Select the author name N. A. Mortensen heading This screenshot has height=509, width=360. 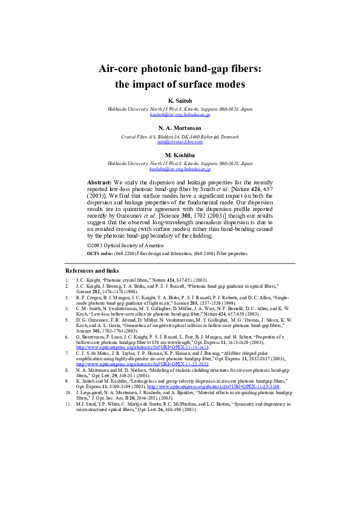pos(180,128)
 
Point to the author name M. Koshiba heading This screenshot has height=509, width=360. pos(180,155)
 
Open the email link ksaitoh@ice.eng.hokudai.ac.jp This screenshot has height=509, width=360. pos(180,114)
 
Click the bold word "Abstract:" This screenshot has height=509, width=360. pos(103,181)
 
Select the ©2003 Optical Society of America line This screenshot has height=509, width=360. pos(125,245)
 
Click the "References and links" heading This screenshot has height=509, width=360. pos(92,271)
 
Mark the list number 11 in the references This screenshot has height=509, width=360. pos(68,403)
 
